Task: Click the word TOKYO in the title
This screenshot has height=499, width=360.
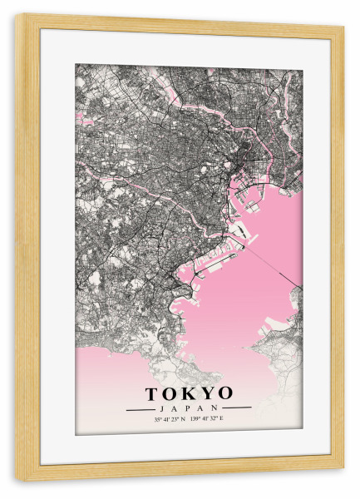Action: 189,393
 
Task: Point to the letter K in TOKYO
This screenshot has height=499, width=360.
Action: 190,393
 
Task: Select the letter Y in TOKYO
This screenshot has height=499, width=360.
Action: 207,393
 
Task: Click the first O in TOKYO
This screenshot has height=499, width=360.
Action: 171,393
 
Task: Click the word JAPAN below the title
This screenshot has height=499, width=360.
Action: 189,408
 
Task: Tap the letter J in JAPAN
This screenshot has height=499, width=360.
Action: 159,408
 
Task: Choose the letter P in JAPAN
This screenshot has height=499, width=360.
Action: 189,408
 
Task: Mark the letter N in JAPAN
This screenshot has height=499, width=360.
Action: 219,408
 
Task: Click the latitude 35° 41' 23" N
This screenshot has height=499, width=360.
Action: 170,419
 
